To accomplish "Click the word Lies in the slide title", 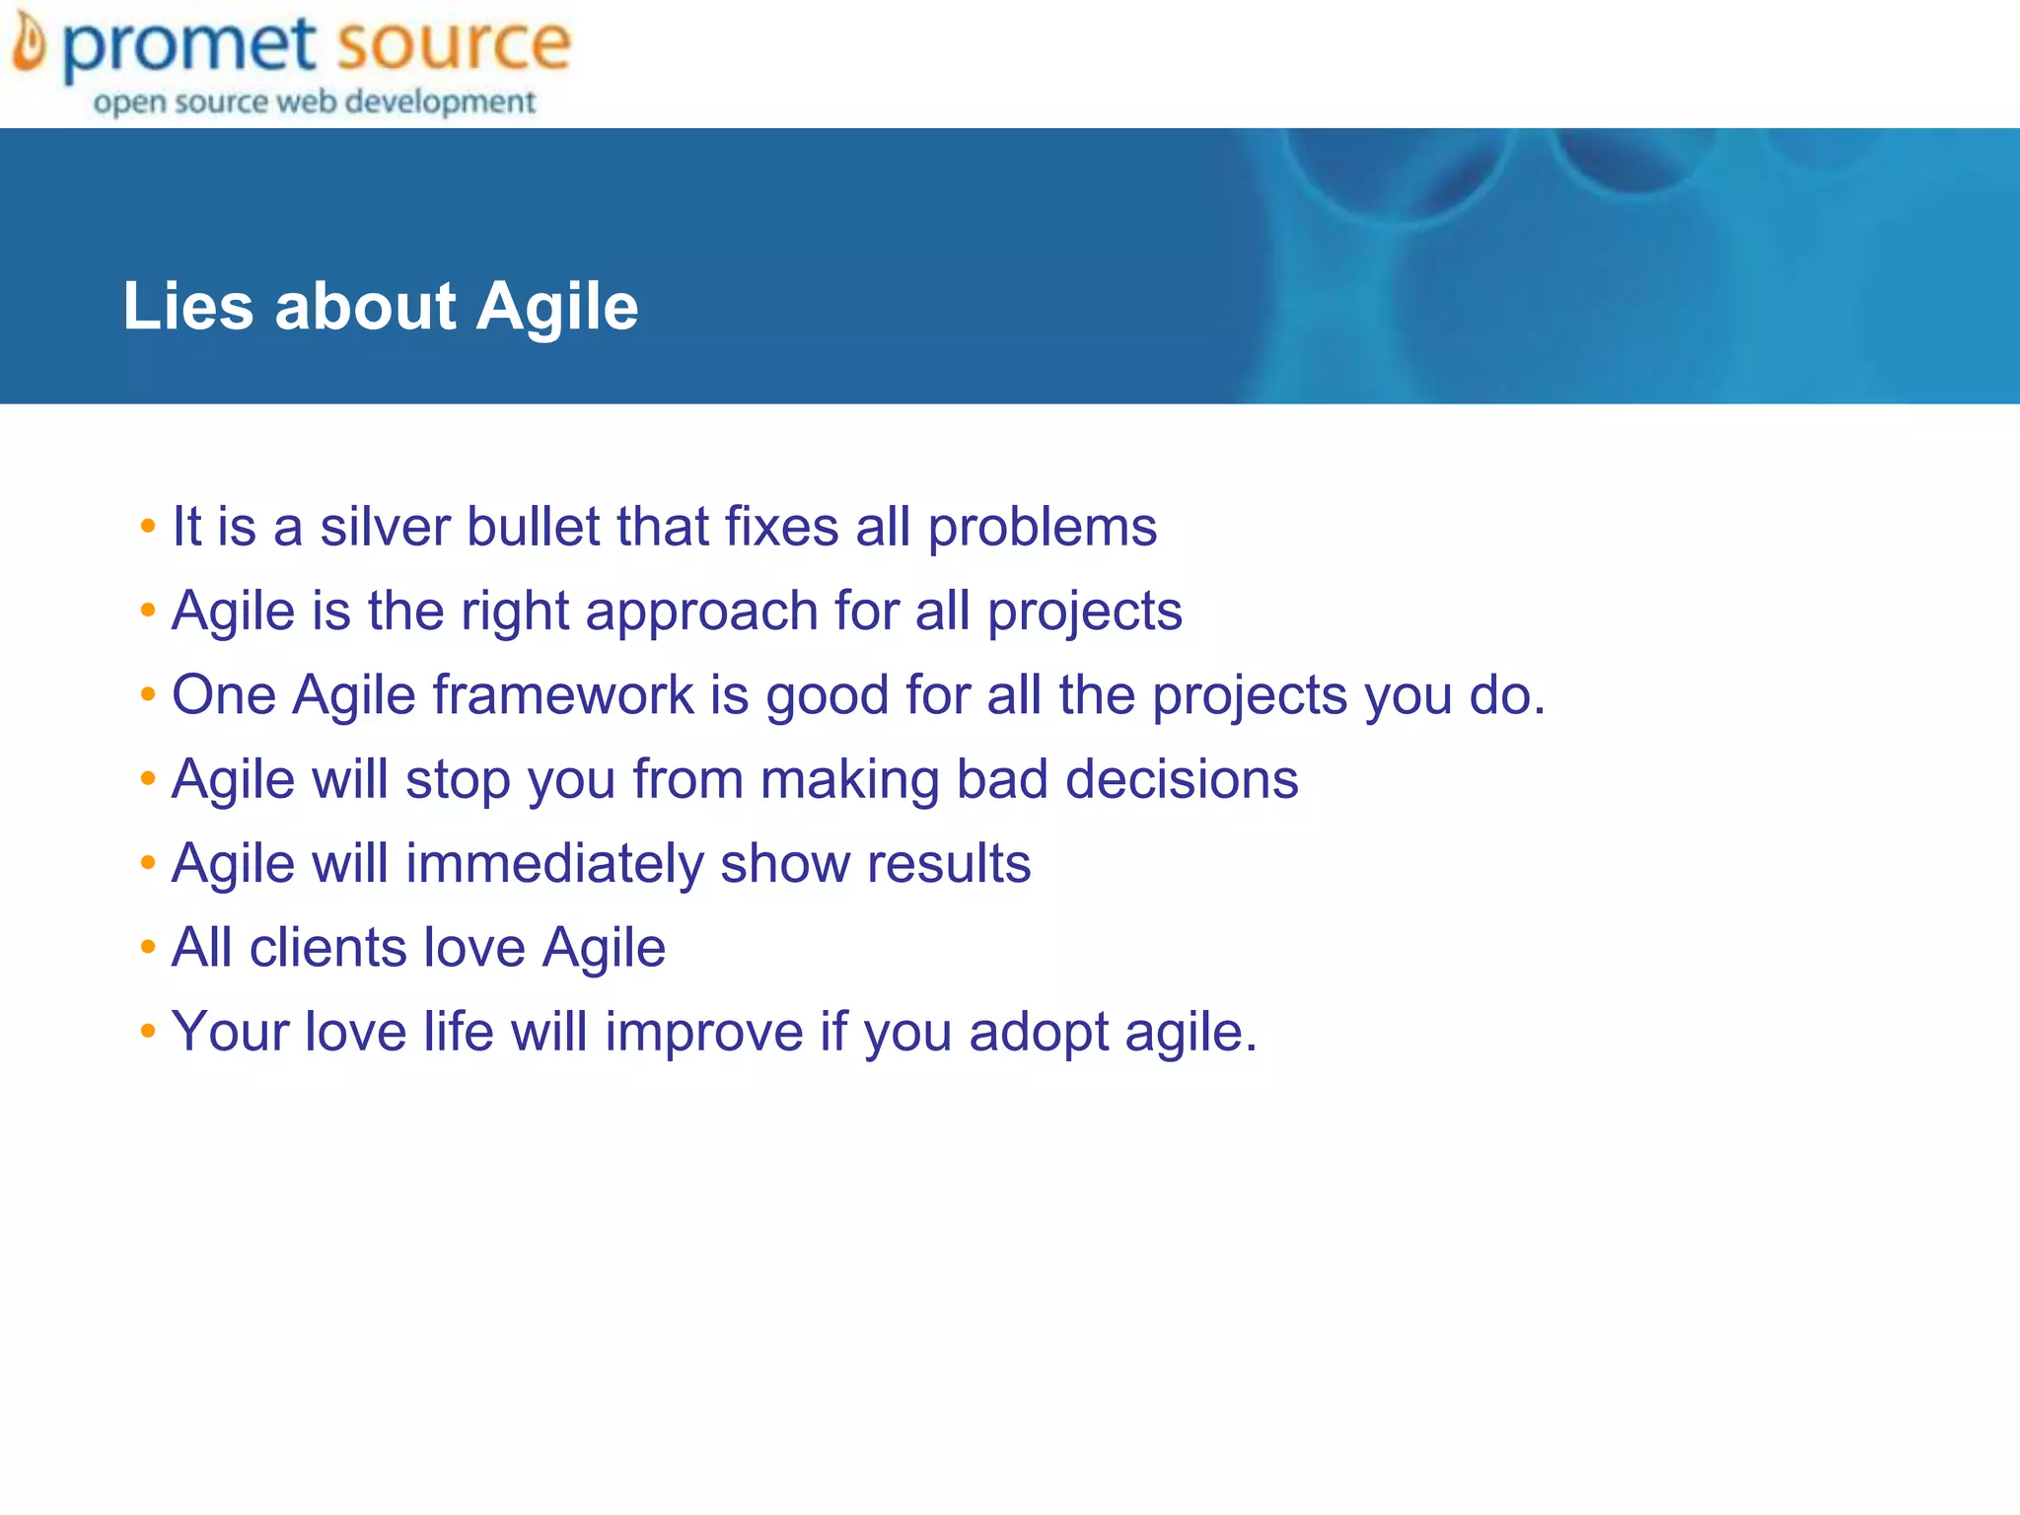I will coord(187,306).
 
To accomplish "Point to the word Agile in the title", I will coord(557,308).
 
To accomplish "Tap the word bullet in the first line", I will coord(533,527).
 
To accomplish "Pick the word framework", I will coord(563,694).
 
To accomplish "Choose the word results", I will coord(949,864).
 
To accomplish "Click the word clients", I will coord(327,948).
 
